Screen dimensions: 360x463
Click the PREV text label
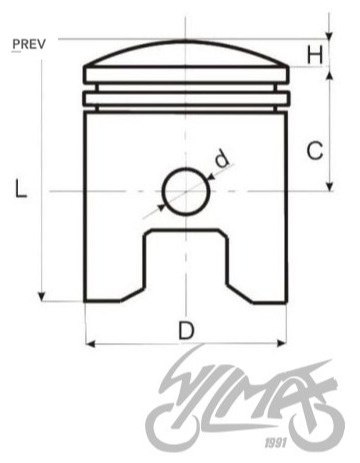[29, 44]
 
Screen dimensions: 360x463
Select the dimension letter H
[315, 55]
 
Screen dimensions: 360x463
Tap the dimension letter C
[315, 151]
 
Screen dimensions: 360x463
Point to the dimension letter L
[21, 188]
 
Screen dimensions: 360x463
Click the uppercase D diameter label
[186, 330]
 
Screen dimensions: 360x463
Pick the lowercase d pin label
[222, 158]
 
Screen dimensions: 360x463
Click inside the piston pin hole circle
[186, 191]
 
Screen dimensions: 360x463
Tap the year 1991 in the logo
[276, 443]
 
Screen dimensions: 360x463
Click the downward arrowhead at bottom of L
[41, 296]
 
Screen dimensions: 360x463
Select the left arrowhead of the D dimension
[90, 343]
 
